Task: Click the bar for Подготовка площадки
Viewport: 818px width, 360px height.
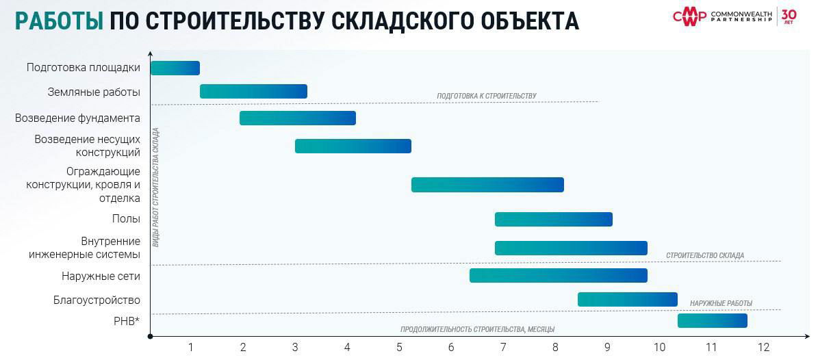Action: (x=175, y=68)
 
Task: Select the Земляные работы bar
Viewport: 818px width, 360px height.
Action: (x=253, y=91)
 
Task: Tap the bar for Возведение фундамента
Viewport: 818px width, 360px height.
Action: (x=297, y=118)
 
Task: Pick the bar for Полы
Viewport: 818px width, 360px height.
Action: (x=553, y=219)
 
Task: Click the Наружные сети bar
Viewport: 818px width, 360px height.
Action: (x=558, y=275)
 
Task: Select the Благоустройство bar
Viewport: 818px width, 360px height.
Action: (x=627, y=299)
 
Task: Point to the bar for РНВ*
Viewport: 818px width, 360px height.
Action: (x=712, y=320)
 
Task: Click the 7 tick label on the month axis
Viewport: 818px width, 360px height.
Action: (x=503, y=348)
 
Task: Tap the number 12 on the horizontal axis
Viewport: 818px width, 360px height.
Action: (x=763, y=348)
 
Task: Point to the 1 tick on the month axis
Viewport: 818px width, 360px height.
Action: (x=191, y=348)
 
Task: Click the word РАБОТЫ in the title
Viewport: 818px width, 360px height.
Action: (x=60, y=21)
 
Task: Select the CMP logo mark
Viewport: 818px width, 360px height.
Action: (x=689, y=16)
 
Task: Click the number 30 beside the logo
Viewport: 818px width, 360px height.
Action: (x=789, y=14)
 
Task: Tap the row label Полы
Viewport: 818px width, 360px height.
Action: (x=126, y=219)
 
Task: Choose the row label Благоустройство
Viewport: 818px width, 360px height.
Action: (x=97, y=300)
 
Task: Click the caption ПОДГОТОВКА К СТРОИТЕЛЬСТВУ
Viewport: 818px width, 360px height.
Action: (x=486, y=97)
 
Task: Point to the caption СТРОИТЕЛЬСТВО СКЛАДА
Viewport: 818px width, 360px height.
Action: (x=704, y=256)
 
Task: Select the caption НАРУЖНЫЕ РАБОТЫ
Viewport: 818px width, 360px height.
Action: (x=721, y=303)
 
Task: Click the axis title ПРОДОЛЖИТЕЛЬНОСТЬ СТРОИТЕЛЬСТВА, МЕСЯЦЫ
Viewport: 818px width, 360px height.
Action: (x=477, y=329)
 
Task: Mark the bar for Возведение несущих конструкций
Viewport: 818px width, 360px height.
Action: (x=353, y=146)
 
